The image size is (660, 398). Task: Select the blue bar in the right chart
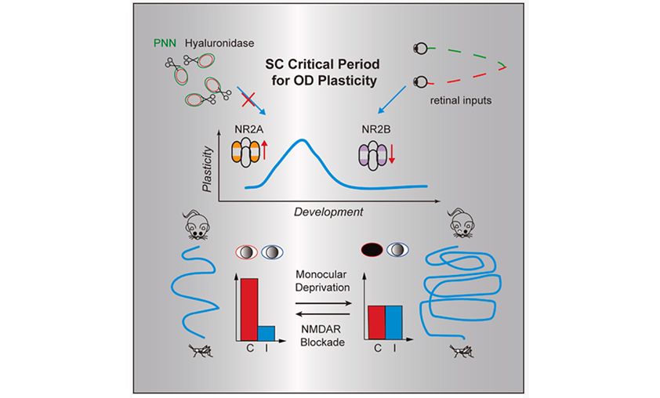click(x=393, y=323)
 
